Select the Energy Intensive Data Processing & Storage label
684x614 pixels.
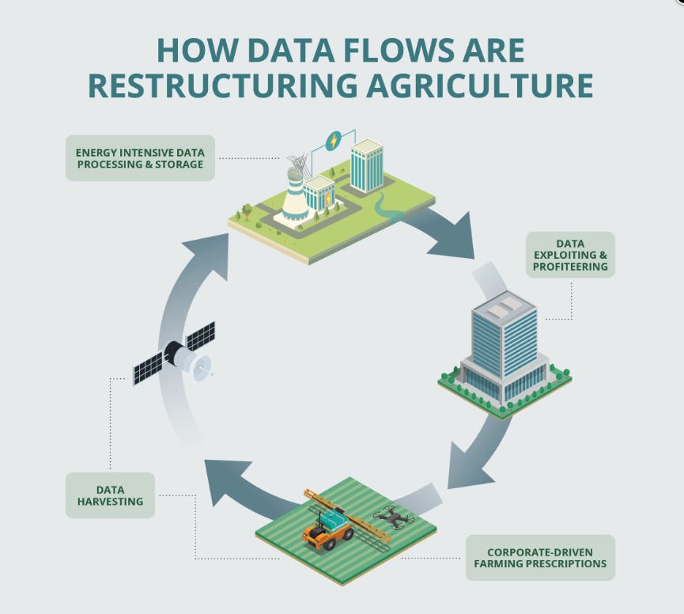[x=140, y=157]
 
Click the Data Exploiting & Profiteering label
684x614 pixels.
[x=570, y=254]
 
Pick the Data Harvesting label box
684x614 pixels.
[x=110, y=495]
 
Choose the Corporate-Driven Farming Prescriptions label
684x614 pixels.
[x=541, y=558]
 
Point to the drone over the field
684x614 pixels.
[x=394, y=517]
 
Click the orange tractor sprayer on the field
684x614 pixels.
[x=327, y=531]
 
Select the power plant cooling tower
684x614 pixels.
[x=296, y=194]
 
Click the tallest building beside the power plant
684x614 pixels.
[x=367, y=166]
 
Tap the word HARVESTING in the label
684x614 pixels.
[x=110, y=502]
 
